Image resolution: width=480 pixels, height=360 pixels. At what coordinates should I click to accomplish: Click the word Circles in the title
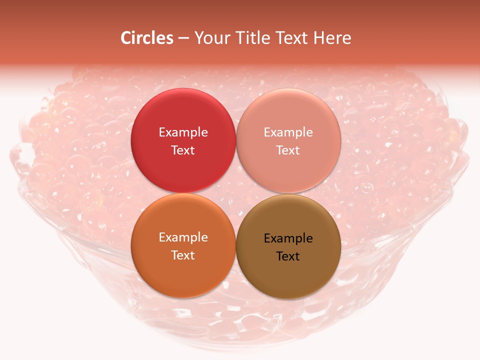coord(146,38)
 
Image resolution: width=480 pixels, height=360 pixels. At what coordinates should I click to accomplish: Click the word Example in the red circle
coord(183,132)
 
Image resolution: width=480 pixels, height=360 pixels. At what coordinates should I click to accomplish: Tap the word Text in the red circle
coord(183,150)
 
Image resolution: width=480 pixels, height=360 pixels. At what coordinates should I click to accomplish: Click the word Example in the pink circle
coord(288,132)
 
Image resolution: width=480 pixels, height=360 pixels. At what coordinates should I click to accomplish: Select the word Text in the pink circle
coord(288,150)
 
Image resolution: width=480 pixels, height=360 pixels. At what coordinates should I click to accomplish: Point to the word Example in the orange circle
coord(183,237)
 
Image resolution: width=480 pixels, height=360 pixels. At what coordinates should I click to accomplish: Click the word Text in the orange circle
coord(183,255)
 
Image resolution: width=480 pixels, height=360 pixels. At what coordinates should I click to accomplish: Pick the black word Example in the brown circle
coord(288,238)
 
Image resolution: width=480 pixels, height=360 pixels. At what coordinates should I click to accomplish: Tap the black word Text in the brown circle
coord(288,256)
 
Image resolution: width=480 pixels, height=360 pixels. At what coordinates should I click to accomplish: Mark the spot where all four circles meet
coord(236,193)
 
